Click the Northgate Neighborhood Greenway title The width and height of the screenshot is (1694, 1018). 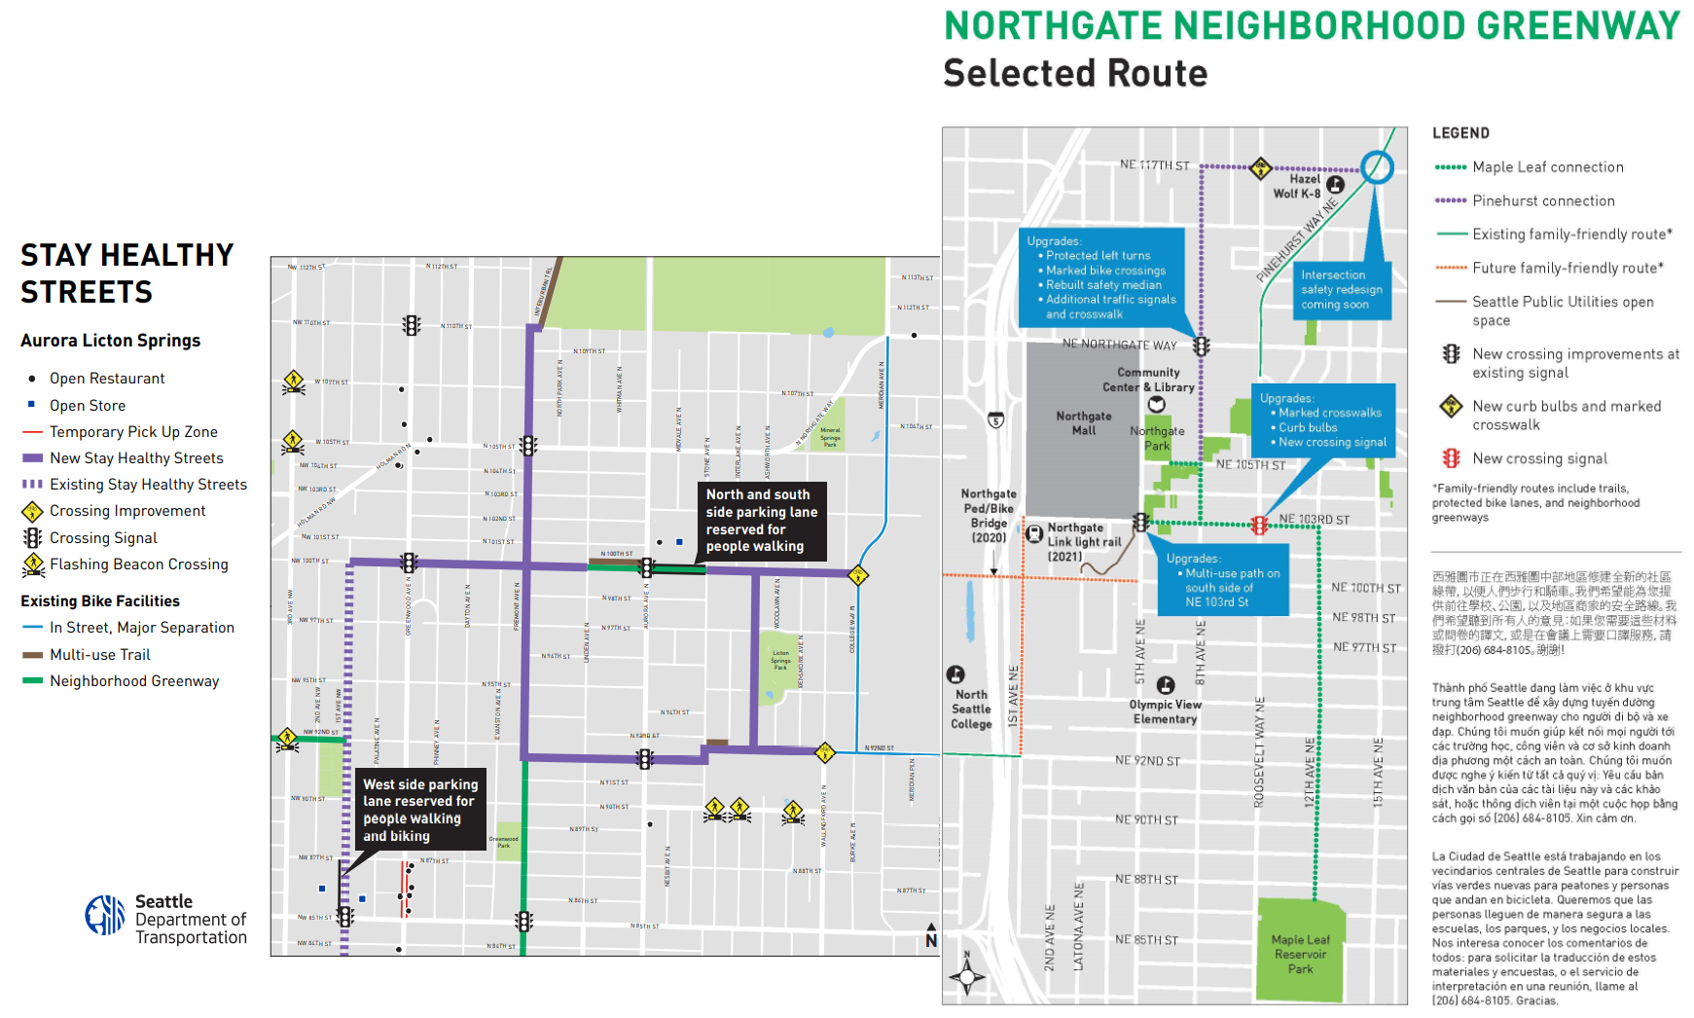(x=1312, y=26)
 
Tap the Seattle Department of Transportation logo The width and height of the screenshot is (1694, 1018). (x=105, y=915)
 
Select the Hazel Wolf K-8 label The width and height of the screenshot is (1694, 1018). (x=1297, y=186)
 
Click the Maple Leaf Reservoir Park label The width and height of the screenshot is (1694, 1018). (x=1300, y=955)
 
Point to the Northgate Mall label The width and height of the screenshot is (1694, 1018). (x=1083, y=423)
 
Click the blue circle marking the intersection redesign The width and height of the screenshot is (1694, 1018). (x=1376, y=167)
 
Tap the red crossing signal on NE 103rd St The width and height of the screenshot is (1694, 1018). (x=1259, y=526)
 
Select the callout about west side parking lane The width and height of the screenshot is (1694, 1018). (x=420, y=810)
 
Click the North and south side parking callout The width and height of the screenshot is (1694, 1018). (x=761, y=521)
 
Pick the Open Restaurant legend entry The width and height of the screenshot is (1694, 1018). (x=107, y=379)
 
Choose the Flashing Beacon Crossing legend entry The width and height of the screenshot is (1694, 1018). (x=138, y=564)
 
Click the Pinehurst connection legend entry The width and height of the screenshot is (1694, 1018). (x=1542, y=201)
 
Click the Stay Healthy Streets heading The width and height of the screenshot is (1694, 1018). (x=126, y=273)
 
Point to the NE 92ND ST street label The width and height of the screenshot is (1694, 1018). (x=1147, y=761)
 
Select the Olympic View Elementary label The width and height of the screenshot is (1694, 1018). (x=1165, y=711)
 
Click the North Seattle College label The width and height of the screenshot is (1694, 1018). (x=971, y=709)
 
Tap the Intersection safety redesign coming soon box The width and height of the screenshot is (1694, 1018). (x=1341, y=289)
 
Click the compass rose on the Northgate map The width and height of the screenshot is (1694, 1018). (x=966, y=975)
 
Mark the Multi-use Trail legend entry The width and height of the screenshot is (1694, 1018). (x=99, y=655)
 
